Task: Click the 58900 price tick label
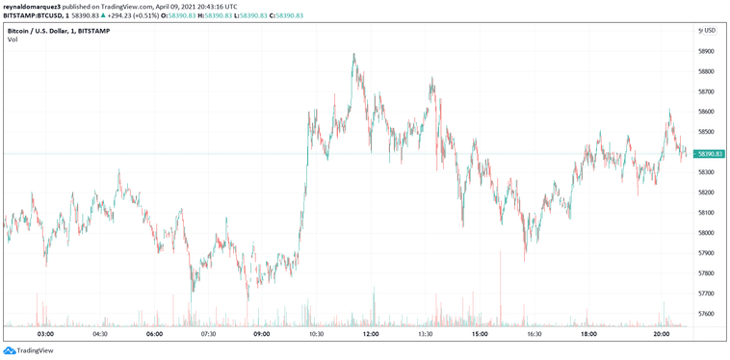click(x=707, y=51)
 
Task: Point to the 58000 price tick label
click(x=707, y=233)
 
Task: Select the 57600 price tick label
click(x=707, y=314)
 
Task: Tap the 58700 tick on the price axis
click(x=707, y=91)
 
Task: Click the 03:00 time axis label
click(x=45, y=335)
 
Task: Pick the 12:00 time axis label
click(x=371, y=335)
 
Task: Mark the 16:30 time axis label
click(x=534, y=335)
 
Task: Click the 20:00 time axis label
click(x=662, y=335)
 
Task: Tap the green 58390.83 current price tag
click(x=709, y=154)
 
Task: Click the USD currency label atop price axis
click(x=707, y=31)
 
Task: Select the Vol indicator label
click(x=12, y=39)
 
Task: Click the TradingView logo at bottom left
click(x=29, y=350)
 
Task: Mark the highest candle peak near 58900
click(x=354, y=56)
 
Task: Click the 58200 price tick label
click(x=707, y=193)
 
